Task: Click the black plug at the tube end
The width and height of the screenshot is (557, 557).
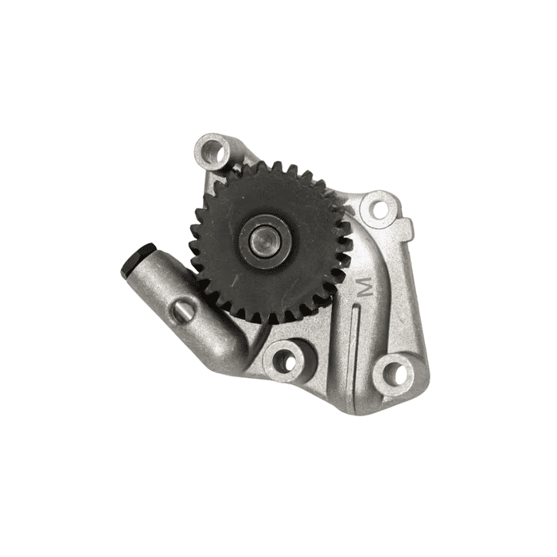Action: coord(137,259)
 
